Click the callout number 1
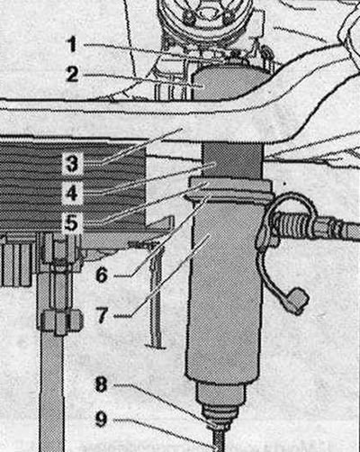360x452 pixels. (x=72, y=44)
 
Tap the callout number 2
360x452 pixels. (x=72, y=75)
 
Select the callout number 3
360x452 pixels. (x=72, y=164)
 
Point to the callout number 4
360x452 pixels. (x=72, y=194)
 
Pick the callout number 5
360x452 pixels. (x=71, y=223)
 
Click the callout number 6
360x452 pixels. (x=102, y=275)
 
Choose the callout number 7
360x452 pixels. (x=102, y=315)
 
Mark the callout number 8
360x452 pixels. (x=101, y=384)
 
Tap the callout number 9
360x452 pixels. (x=101, y=419)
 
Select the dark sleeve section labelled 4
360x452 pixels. (x=232, y=160)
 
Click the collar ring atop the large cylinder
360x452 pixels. (x=230, y=188)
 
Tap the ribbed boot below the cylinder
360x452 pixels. (x=220, y=413)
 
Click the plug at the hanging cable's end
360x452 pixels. (x=297, y=301)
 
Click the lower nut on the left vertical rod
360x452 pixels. (x=59, y=322)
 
